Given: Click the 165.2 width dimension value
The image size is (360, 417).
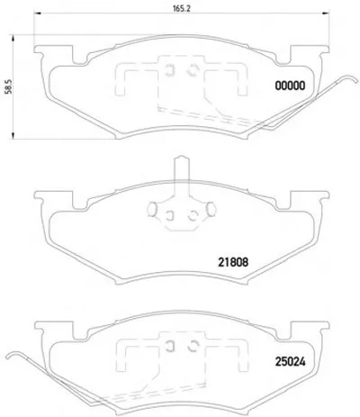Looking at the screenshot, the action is pos(182,8).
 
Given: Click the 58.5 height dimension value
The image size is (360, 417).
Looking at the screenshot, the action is pos(9,86).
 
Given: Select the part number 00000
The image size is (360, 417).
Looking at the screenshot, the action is pos(290,86).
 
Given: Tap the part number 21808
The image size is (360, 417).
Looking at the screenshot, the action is pos(233,263).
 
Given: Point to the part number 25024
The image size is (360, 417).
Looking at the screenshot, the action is pos(290,362).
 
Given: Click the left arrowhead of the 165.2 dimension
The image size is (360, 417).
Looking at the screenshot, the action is pos(37,13).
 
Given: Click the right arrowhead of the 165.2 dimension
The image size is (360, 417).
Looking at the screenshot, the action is pos(326,13).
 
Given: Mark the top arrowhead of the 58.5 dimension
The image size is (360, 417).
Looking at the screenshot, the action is pos(13,39).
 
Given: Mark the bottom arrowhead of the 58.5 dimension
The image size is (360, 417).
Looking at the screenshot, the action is pos(13,135).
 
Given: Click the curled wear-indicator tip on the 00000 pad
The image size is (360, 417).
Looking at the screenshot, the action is pos(353,77).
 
